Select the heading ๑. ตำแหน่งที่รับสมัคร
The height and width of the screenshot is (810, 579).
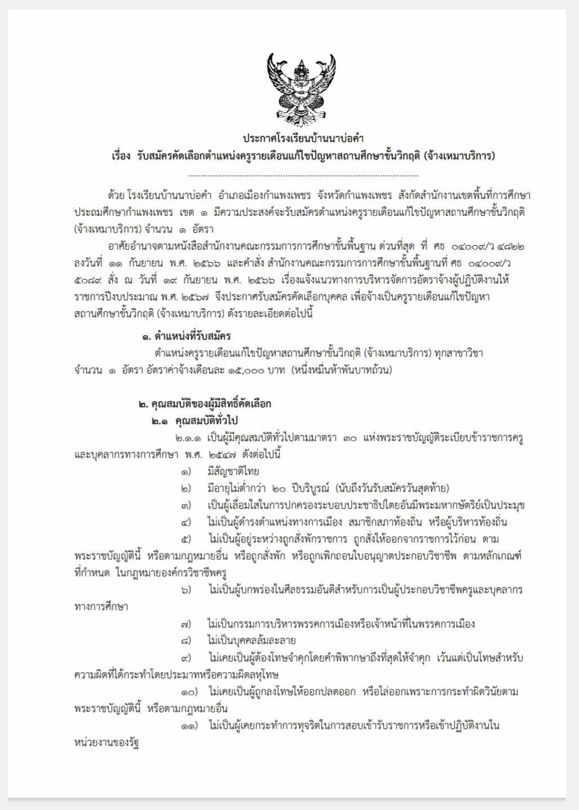[x=186, y=336]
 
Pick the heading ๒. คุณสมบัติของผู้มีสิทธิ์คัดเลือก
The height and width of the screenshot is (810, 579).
[x=205, y=403]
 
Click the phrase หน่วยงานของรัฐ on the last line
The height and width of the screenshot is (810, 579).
[x=106, y=742]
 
